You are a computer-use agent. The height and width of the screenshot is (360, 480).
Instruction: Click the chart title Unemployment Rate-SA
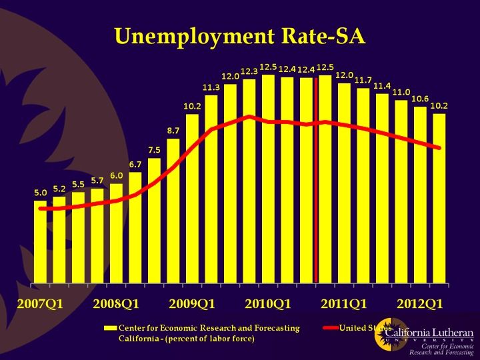240,35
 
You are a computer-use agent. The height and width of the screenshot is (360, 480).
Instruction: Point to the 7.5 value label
154,150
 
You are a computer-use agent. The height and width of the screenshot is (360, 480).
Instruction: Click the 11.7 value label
363,80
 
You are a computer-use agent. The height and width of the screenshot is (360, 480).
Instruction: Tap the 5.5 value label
78,184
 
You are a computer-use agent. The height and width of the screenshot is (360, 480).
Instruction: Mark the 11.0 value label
401,92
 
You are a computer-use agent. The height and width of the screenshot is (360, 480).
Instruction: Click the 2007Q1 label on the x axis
39,304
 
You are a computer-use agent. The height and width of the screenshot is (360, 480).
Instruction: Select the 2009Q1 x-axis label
192,304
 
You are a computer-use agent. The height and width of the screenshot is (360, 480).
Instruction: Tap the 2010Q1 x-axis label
268,304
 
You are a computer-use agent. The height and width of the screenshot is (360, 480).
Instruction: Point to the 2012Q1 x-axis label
421,304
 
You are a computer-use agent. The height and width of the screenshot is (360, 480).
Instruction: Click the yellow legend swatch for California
111,328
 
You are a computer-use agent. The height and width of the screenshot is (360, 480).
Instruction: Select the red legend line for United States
330,328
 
